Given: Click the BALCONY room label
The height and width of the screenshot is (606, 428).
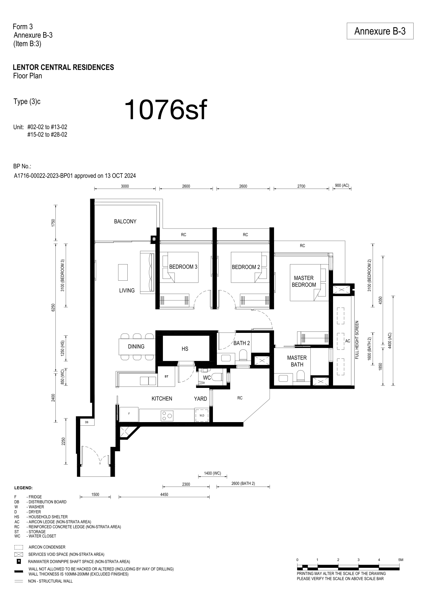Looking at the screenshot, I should point(125,222).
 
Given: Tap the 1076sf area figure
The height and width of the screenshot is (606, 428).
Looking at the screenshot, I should point(166,110).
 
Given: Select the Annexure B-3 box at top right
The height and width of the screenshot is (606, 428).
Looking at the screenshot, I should point(380,31).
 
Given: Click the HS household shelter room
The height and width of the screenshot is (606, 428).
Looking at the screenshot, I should point(185,349).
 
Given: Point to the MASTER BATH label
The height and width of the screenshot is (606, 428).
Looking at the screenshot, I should point(297,361).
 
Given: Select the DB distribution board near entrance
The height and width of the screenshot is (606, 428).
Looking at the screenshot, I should point(87,422).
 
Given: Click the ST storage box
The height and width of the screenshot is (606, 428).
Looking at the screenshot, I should point(166,376).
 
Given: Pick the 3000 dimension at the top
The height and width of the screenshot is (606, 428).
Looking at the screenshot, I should point(125,186).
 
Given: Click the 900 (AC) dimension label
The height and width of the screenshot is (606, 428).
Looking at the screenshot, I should point(342,186).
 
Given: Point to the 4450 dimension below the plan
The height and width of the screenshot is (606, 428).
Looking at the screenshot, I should point(164,494).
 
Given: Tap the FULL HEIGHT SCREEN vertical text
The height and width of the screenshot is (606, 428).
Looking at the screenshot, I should point(357,340).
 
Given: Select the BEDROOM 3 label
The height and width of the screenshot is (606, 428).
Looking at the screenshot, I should point(183,267).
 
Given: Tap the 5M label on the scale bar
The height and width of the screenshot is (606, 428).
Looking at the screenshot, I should point(401,560).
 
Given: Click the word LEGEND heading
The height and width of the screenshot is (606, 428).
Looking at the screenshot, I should point(23,488).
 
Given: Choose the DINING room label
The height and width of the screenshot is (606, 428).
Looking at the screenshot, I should point(136,347).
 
